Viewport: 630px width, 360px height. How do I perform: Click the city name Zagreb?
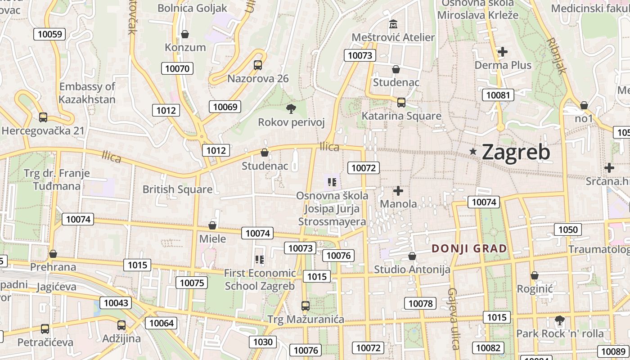pyautogui.click(x=516, y=152)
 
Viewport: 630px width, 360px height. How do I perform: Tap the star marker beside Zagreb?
pyautogui.click(x=473, y=152)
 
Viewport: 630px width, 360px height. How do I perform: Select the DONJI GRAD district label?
pyautogui.click(x=469, y=248)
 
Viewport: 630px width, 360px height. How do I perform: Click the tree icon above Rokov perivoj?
pyautogui.click(x=291, y=108)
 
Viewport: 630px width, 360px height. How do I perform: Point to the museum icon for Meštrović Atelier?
pyautogui.click(x=393, y=24)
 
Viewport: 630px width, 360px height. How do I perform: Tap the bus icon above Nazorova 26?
pyautogui.click(x=258, y=65)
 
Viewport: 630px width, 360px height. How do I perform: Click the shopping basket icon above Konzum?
pyautogui.click(x=184, y=34)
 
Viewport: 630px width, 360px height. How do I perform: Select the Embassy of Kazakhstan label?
pyautogui.click(x=87, y=93)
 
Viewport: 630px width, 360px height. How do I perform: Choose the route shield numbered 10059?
pyautogui.click(x=49, y=34)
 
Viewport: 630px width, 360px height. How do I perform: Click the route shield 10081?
pyautogui.click(x=498, y=95)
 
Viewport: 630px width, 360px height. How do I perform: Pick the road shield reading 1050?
pyautogui.click(x=567, y=229)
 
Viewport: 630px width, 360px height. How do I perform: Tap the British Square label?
pyautogui.click(x=177, y=189)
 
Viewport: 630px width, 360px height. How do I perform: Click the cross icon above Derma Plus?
pyautogui.click(x=503, y=52)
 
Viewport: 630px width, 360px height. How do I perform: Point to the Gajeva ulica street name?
pyautogui.click(x=453, y=319)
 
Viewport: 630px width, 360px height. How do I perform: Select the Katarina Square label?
pyautogui.click(x=401, y=116)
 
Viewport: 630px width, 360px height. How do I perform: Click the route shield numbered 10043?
pyautogui.click(x=116, y=303)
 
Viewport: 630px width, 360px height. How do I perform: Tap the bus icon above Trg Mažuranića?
pyautogui.click(x=306, y=306)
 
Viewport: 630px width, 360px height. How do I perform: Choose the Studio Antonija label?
pyautogui.click(x=412, y=270)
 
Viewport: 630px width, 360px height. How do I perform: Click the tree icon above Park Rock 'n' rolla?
pyautogui.click(x=560, y=320)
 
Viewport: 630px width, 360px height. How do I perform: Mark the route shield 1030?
pyautogui.click(x=263, y=342)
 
